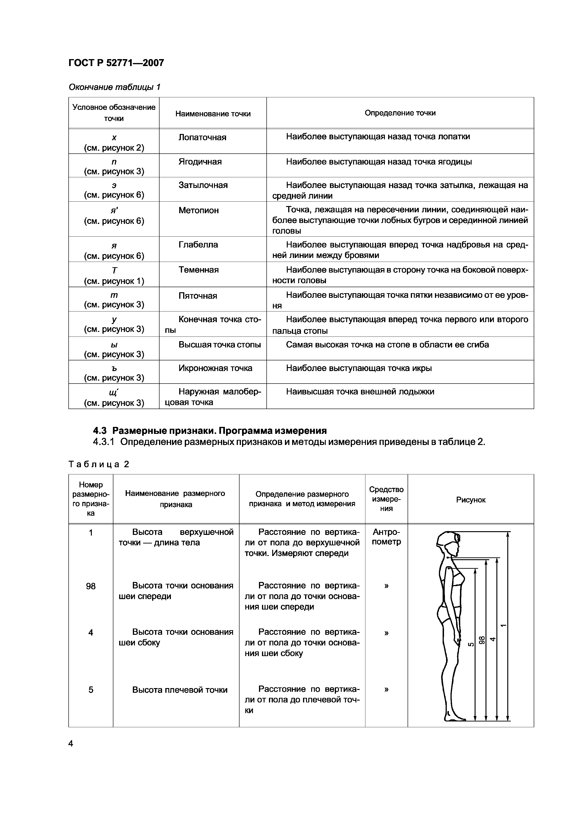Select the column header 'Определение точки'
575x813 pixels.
coord(400,113)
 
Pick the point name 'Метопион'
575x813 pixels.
coord(198,210)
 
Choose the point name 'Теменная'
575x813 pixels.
coord(198,270)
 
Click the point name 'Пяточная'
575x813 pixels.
coord(198,296)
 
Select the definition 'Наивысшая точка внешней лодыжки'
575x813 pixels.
coord(360,392)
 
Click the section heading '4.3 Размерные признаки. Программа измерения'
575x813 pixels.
coord(210,431)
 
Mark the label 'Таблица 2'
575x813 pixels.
coord(99,464)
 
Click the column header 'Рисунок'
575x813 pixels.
coord(470,500)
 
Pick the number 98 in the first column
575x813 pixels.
coord(91,586)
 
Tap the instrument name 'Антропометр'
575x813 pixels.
coord(386,537)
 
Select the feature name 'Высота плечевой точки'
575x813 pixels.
coord(180,690)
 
